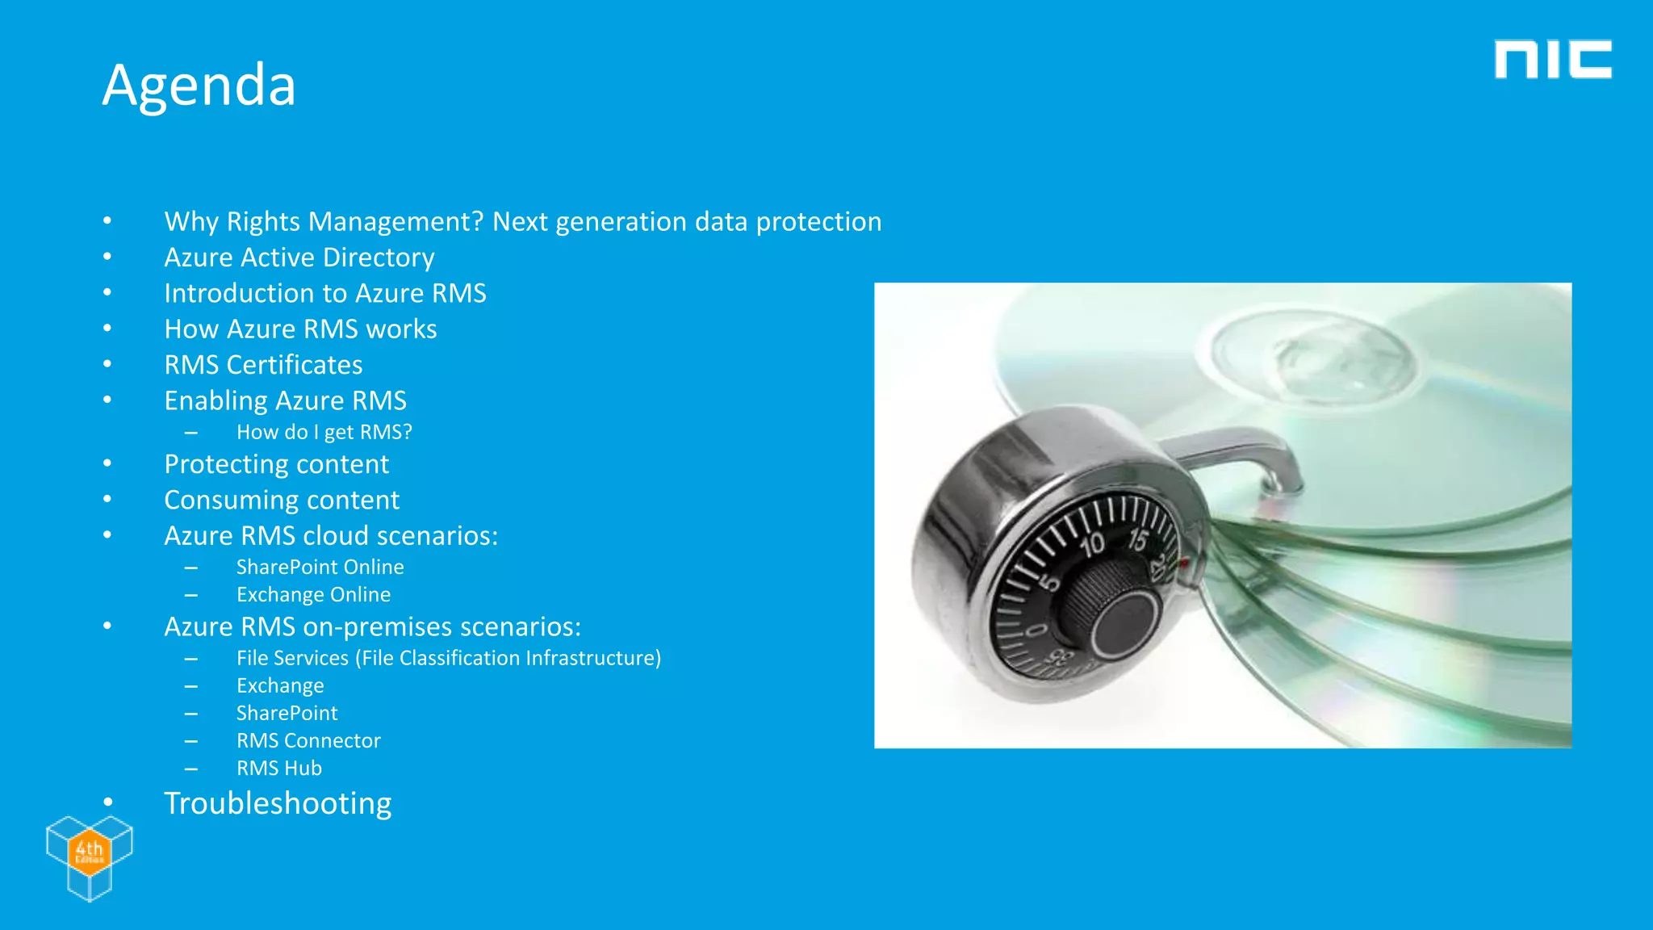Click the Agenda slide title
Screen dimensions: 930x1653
pyautogui.click(x=199, y=85)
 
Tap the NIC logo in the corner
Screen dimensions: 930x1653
pyautogui.click(x=1552, y=60)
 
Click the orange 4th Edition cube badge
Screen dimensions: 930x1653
pyautogui.click(x=89, y=851)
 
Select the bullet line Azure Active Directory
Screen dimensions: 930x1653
pyautogui.click(x=299, y=258)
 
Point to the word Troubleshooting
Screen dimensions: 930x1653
pyautogui.click(x=278, y=804)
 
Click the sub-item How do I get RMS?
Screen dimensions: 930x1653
pyautogui.click(x=324, y=433)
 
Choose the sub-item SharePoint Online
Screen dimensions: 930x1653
pyautogui.click(x=320, y=568)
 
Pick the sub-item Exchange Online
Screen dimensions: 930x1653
pyautogui.click(x=313, y=595)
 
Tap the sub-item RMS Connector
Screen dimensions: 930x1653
pyautogui.click(x=308, y=741)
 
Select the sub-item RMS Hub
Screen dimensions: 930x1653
pyautogui.click(x=279, y=769)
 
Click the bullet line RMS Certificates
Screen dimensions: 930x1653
pyautogui.click(x=263, y=365)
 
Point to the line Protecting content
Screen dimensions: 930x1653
pyautogui.click(x=276, y=464)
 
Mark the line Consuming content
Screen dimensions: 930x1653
pyautogui.click(x=282, y=501)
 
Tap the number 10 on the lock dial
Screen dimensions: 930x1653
pyautogui.click(x=1092, y=545)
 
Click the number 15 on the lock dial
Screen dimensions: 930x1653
pyautogui.click(x=1138, y=539)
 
